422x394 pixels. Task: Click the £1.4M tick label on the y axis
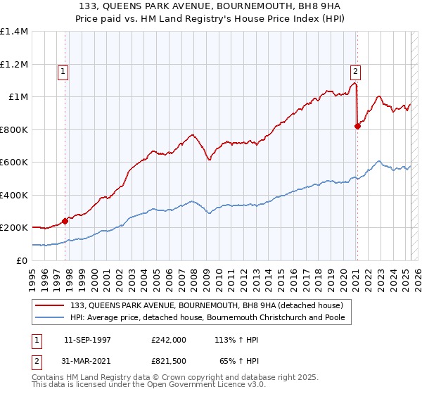tap(14, 32)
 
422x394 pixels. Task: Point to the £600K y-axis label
tap(14, 163)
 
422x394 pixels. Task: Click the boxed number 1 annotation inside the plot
tap(63, 70)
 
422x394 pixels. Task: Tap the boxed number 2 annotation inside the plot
tap(356, 70)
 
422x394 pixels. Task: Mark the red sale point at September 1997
tap(65, 221)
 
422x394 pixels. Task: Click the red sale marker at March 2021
tap(357, 127)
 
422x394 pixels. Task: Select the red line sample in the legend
tap(50, 305)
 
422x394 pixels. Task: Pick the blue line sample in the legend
tap(50, 317)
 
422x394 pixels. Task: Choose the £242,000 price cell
tap(169, 339)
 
